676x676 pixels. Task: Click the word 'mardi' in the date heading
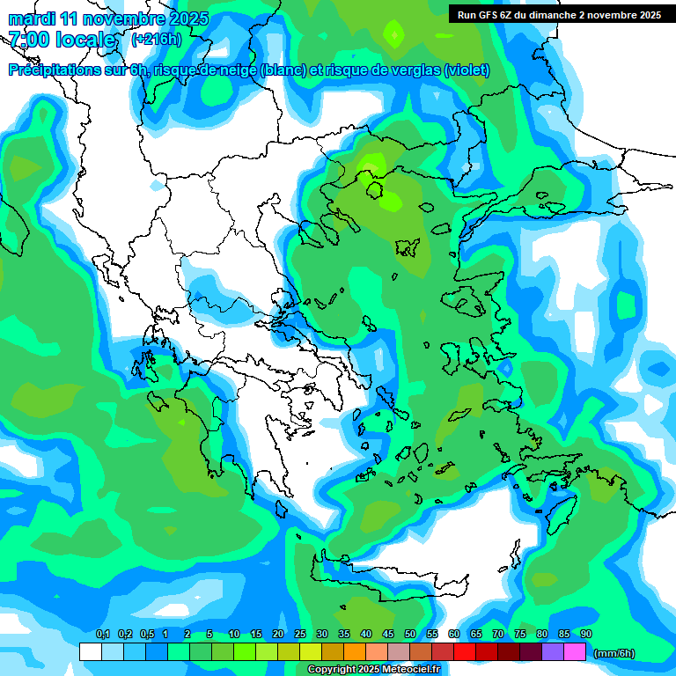[32, 18]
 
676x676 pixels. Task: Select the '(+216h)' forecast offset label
[156, 40]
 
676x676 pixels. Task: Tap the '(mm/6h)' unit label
[614, 653]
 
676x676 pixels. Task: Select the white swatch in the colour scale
[90, 651]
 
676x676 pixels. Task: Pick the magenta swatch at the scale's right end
[575, 651]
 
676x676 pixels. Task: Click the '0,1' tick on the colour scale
[102, 635]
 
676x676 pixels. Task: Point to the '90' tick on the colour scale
[586, 635]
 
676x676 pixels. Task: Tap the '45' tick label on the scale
[388, 635]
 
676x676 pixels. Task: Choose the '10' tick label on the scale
[234, 635]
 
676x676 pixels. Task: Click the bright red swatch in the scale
[465, 651]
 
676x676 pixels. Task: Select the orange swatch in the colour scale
[355, 651]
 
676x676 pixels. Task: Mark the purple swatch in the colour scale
[553, 651]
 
